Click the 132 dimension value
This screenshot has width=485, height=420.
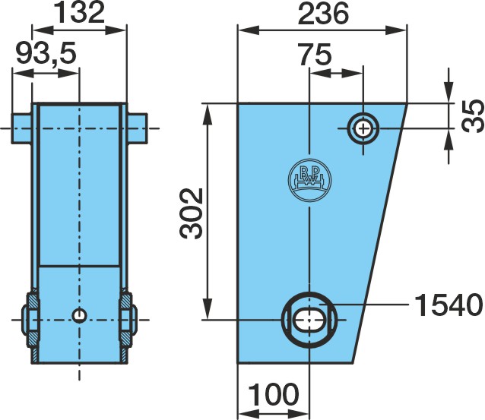80,12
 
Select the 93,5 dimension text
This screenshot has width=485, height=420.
46,53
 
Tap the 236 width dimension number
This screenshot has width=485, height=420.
323,13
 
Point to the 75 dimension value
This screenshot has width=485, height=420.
315,55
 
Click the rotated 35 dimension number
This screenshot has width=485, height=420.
472,115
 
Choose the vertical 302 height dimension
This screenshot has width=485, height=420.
191,213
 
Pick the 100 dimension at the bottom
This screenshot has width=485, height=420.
274,394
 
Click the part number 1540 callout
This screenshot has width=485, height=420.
449,305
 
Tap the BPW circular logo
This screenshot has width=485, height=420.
309,180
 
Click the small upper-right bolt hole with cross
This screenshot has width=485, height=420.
363,128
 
